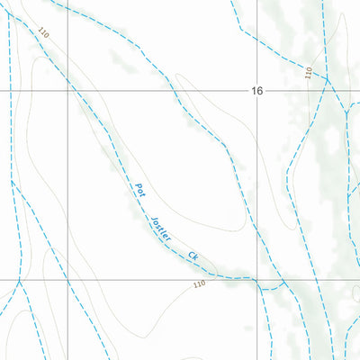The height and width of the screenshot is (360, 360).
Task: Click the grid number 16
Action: [x=258, y=91]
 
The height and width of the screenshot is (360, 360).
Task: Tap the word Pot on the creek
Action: [x=139, y=190]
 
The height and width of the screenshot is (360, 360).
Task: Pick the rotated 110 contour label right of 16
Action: [x=308, y=72]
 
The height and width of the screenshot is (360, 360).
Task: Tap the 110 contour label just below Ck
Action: [x=198, y=284]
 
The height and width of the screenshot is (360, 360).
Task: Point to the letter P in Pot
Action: [x=136, y=185]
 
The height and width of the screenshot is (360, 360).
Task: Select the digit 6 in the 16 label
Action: [x=262, y=91]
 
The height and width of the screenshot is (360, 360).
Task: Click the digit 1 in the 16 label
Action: [x=255, y=91]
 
